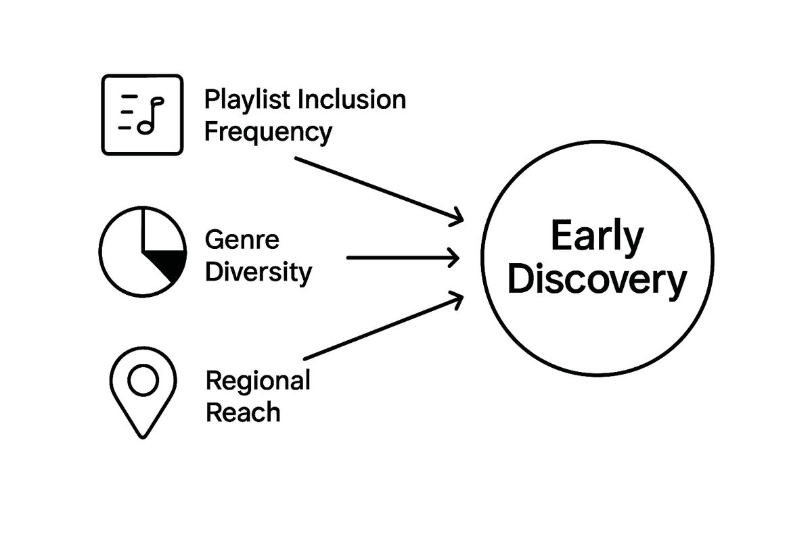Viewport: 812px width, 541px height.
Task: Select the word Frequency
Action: tap(268, 132)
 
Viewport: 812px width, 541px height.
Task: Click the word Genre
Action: tap(242, 240)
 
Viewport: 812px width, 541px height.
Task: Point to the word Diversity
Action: tap(258, 273)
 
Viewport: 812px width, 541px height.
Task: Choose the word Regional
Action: tap(258, 381)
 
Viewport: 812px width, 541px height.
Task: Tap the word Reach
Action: tap(242, 413)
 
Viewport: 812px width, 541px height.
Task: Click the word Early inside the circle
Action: tap(597, 237)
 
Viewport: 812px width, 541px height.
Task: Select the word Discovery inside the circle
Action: tap(597, 281)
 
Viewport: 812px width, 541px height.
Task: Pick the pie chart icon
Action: tap(143, 251)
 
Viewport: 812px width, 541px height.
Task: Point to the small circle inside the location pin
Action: tap(143, 381)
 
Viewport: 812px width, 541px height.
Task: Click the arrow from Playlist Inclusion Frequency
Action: tap(379, 189)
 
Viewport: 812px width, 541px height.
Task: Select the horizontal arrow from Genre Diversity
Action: tap(403, 258)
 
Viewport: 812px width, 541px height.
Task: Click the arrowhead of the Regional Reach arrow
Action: tap(457, 297)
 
